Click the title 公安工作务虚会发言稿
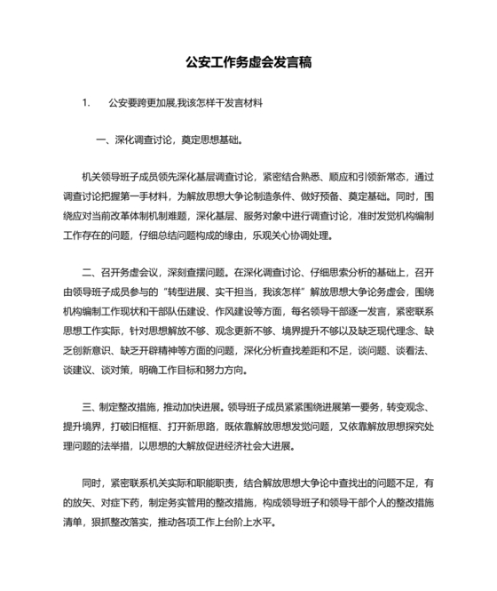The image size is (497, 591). pos(248,63)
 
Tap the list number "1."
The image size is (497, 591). pos(86,103)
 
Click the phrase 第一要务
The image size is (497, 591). pos(354,406)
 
